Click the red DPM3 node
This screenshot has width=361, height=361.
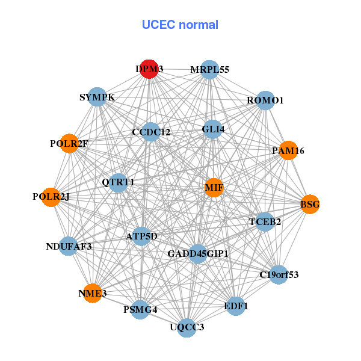click(x=147, y=69)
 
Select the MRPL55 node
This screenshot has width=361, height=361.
click(x=209, y=70)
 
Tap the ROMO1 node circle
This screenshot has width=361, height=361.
click(x=265, y=100)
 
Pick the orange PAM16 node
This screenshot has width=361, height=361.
click(x=289, y=150)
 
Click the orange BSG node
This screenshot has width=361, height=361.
click(x=310, y=205)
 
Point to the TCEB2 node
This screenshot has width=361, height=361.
click(x=265, y=222)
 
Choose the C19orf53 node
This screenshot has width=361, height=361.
click(x=278, y=275)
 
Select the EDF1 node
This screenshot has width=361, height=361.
click(x=235, y=306)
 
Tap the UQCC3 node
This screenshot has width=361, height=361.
click(x=187, y=327)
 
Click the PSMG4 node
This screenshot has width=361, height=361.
click(x=140, y=310)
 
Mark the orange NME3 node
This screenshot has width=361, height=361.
click(x=92, y=293)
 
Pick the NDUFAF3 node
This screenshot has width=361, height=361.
click(x=69, y=246)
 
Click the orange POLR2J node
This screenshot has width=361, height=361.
click(x=52, y=197)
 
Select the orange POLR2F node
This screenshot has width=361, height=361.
click(x=69, y=144)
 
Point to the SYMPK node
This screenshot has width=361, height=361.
click(x=97, y=97)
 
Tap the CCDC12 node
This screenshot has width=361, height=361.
click(x=151, y=132)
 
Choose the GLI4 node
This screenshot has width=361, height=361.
click(x=212, y=129)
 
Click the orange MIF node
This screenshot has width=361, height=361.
click(x=214, y=188)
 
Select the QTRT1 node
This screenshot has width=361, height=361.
click(x=119, y=182)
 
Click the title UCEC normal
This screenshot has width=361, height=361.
click(x=180, y=25)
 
